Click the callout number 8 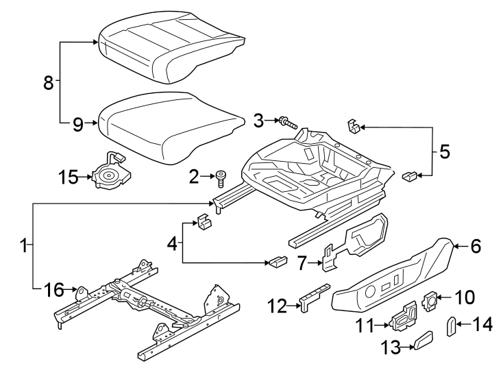47,83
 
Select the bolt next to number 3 289,124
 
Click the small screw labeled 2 221,178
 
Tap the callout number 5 444,151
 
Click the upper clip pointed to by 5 353,125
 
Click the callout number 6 476,246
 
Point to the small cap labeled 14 452,325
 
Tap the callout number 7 303,261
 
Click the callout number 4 172,243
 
